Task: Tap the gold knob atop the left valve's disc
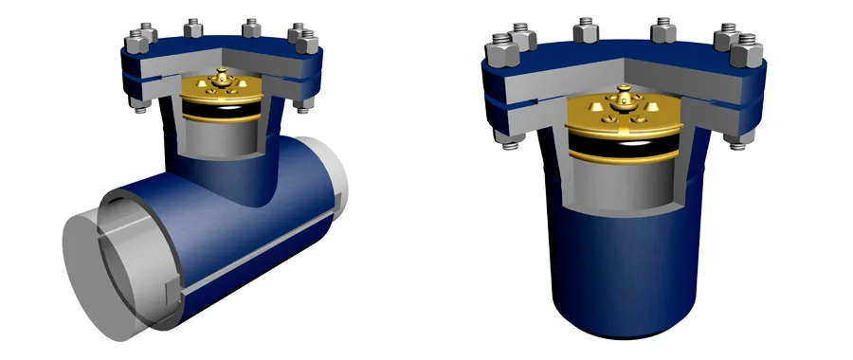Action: (x=222, y=75)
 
